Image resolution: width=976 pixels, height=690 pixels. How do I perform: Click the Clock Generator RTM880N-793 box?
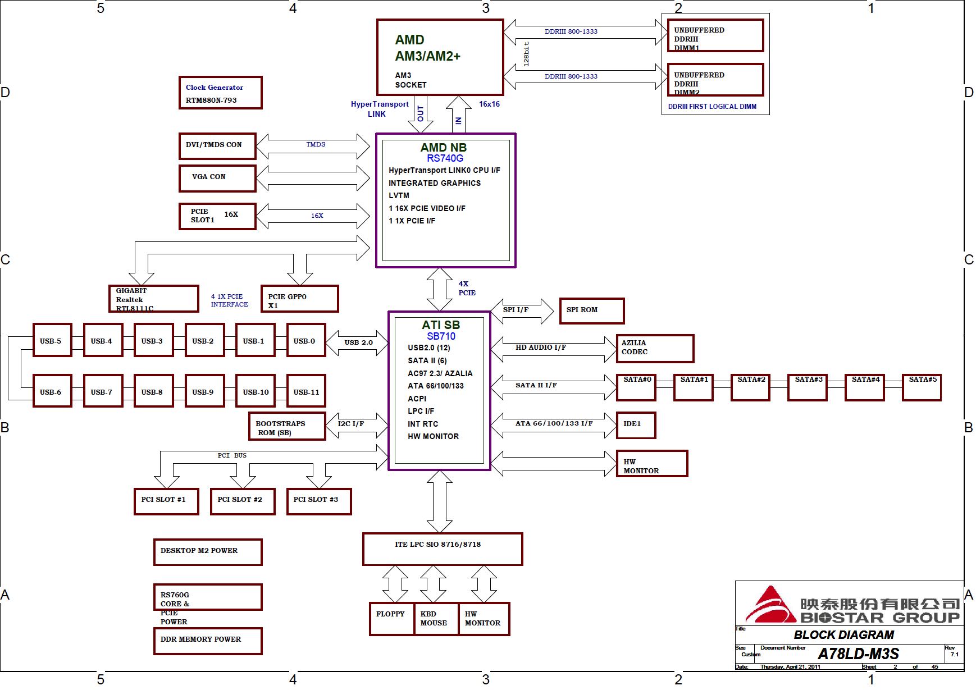(x=220, y=93)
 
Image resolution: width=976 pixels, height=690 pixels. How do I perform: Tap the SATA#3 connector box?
(x=808, y=387)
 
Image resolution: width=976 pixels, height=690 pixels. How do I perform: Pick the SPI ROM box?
(x=591, y=310)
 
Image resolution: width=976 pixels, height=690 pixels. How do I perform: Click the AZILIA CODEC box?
(x=655, y=348)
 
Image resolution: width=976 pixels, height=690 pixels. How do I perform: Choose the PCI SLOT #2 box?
(x=242, y=501)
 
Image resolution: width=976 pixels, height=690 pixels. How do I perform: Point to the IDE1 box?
(x=636, y=425)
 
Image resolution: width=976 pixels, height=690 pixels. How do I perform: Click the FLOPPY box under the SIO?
(x=391, y=619)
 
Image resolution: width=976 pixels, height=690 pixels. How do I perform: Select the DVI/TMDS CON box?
(x=217, y=146)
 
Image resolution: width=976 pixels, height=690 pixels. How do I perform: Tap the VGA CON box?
(x=217, y=178)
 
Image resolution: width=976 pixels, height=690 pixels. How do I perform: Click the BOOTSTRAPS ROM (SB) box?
(x=287, y=427)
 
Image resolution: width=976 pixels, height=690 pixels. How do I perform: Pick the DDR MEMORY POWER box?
(x=208, y=641)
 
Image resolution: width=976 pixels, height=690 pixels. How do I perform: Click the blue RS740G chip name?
(x=445, y=158)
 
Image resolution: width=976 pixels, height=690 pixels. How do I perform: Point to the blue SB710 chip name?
(x=441, y=336)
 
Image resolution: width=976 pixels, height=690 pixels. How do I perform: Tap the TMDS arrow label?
(x=316, y=145)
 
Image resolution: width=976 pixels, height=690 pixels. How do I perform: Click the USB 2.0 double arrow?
(x=358, y=342)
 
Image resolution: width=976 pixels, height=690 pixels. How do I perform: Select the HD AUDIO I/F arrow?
(x=553, y=349)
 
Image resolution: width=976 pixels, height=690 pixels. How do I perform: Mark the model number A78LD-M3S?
(x=858, y=654)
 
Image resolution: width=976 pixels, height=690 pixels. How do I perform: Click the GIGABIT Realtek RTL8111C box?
(x=153, y=299)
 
